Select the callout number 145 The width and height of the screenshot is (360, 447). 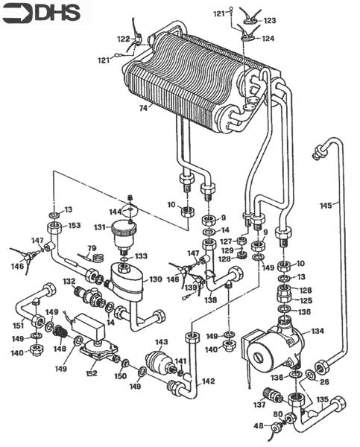coord(325,204)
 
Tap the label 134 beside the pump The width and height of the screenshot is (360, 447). coord(318,330)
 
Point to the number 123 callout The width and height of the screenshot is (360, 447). coord(269,21)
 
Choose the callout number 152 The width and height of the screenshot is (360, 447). coord(92,373)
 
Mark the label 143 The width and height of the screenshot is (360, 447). coord(161,342)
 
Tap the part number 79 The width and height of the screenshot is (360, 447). coord(92,248)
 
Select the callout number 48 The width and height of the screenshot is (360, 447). coord(259,426)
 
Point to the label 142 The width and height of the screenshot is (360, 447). coord(208,381)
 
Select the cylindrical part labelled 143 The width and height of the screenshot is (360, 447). coord(157,364)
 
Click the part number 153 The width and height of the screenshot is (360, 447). coord(75,225)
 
